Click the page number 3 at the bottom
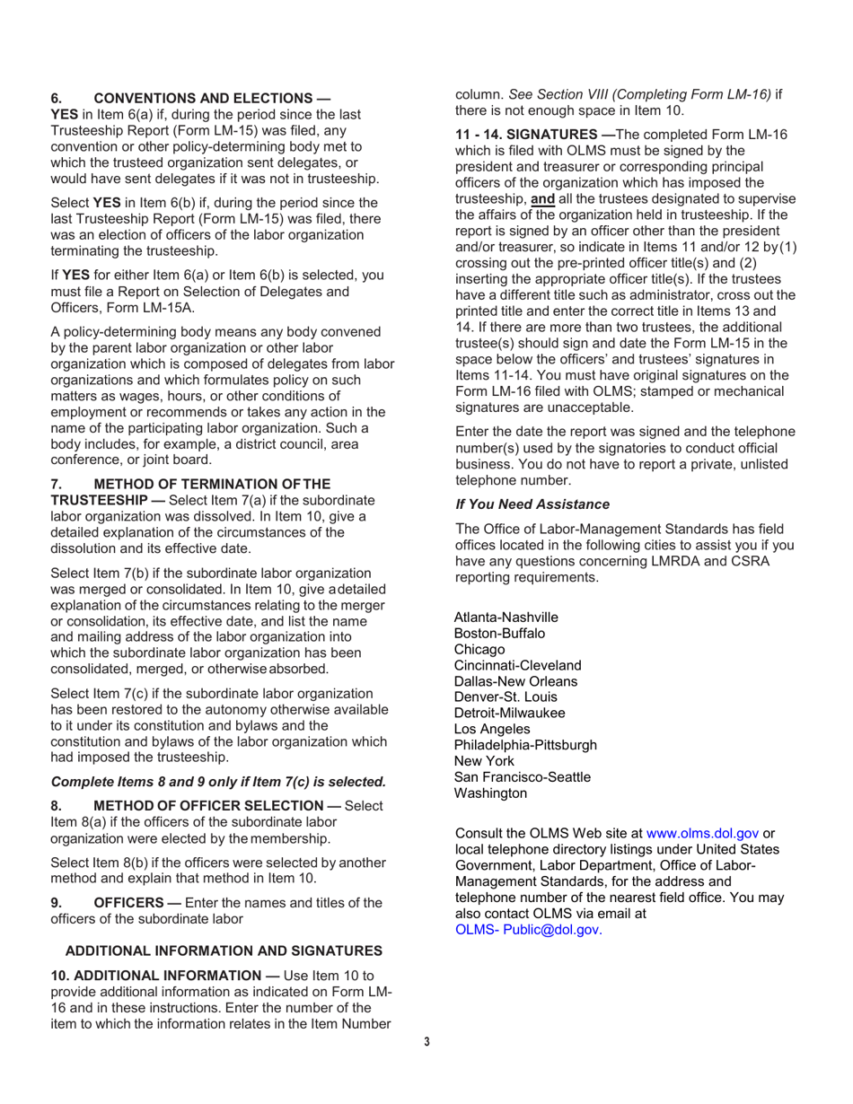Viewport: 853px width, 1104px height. (x=426, y=1041)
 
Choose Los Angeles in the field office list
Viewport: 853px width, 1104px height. (x=492, y=729)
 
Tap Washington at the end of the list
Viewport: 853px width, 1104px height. (x=490, y=793)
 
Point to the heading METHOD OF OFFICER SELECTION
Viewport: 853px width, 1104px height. (x=216, y=806)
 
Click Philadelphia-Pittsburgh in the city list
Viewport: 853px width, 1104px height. (x=525, y=745)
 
